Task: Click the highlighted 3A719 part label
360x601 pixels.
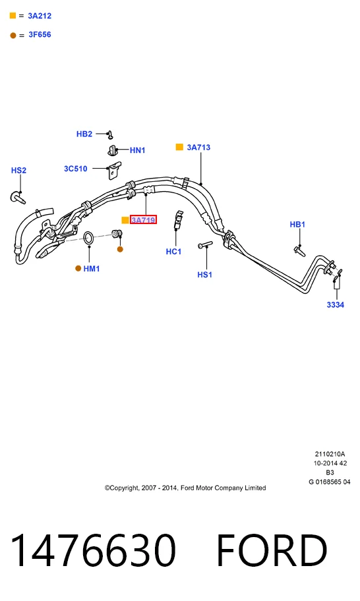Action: (143, 220)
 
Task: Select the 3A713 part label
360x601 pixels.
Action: (198, 147)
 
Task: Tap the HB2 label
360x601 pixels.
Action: (84, 134)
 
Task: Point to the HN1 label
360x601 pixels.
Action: (138, 150)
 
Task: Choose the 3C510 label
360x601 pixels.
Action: (76, 169)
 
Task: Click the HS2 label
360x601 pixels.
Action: (18, 170)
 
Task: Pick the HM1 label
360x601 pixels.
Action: (92, 269)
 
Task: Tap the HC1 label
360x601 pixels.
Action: (173, 252)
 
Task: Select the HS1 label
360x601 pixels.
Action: (205, 274)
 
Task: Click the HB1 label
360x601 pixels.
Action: (297, 224)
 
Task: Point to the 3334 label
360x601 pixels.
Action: (336, 304)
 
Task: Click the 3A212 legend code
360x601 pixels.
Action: (40, 16)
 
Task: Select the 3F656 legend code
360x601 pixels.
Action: (40, 34)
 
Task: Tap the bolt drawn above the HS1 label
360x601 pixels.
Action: (205, 244)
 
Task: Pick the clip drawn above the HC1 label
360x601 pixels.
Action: (179, 220)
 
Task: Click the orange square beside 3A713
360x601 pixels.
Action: (179, 147)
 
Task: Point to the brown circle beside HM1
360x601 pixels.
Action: (78, 269)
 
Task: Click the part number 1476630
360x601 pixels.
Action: (93, 550)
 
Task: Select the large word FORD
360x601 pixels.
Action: (272, 550)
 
